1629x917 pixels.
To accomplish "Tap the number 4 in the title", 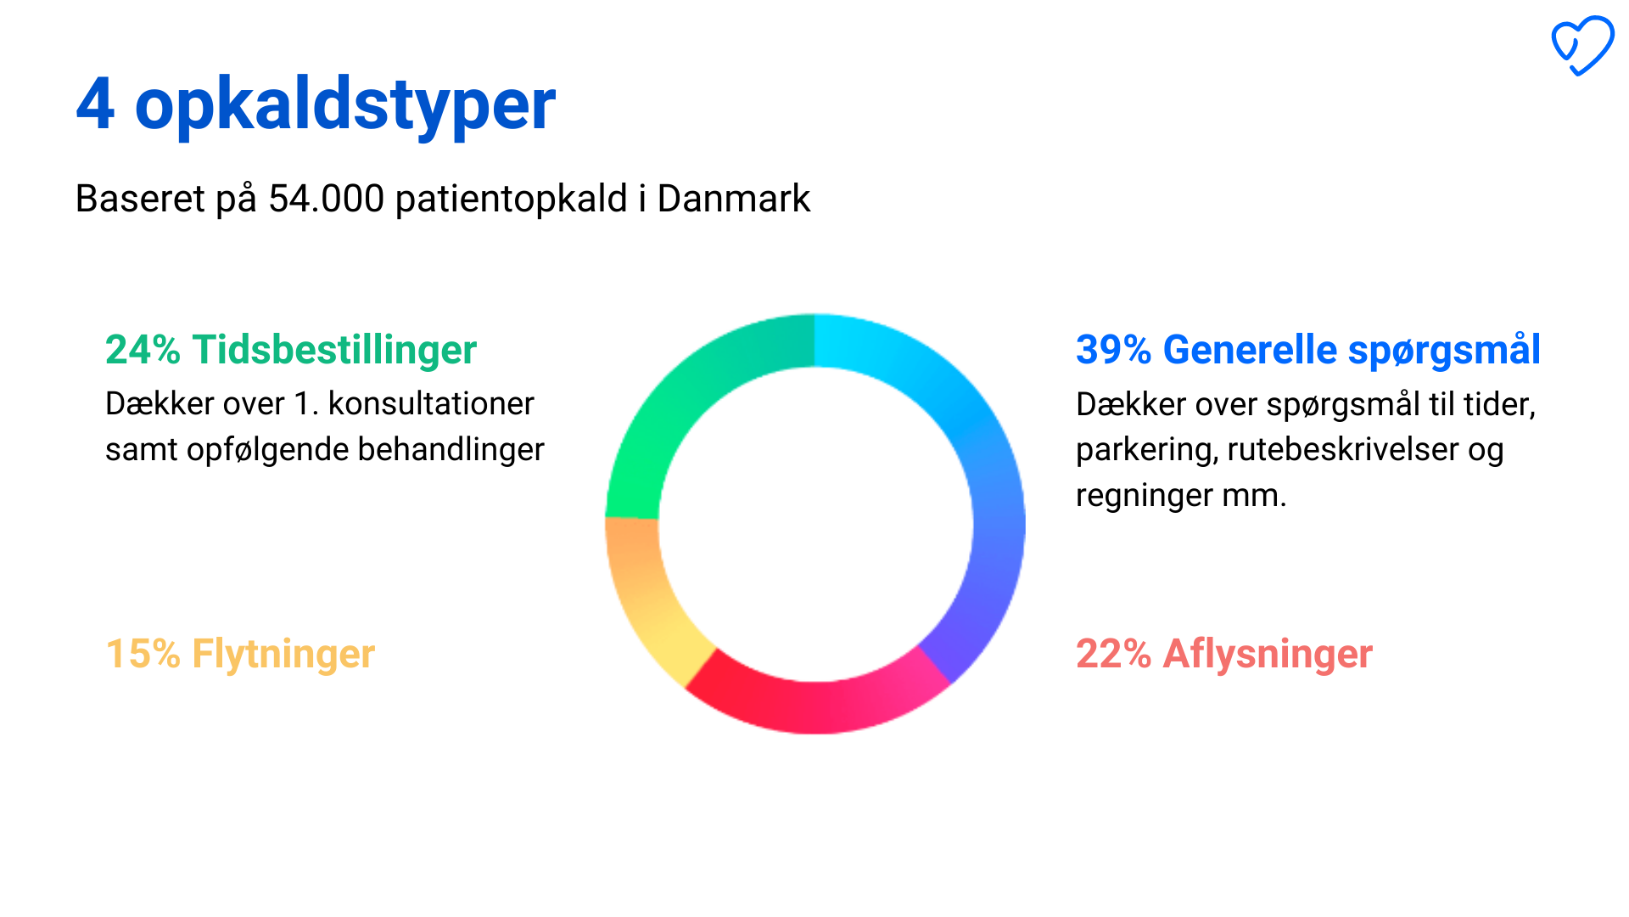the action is (x=95, y=104).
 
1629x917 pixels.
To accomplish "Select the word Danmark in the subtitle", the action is (x=734, y=199).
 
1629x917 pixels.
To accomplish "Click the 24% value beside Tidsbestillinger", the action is (x=143, y=350).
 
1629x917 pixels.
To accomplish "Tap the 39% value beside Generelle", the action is (x=1113, y=350).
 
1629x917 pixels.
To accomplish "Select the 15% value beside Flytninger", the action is (x=143, y=654).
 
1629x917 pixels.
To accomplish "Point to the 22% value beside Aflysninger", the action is (x=1113, y=654).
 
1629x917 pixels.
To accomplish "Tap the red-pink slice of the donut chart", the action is (x=814, y=707).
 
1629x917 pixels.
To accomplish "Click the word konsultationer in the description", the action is (x=431, y=404).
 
